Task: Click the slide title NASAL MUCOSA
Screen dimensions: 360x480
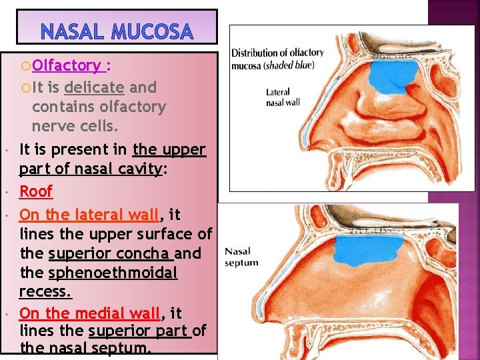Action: click(117, 31)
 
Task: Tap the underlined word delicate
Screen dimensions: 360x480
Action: click(94, 87)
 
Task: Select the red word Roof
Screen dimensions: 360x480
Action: click(35, 191)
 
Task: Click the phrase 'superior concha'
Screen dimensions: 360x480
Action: click(110, 253)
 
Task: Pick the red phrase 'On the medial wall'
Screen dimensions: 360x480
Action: click(90, 313)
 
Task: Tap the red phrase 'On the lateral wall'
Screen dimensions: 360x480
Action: click(89, 215)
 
